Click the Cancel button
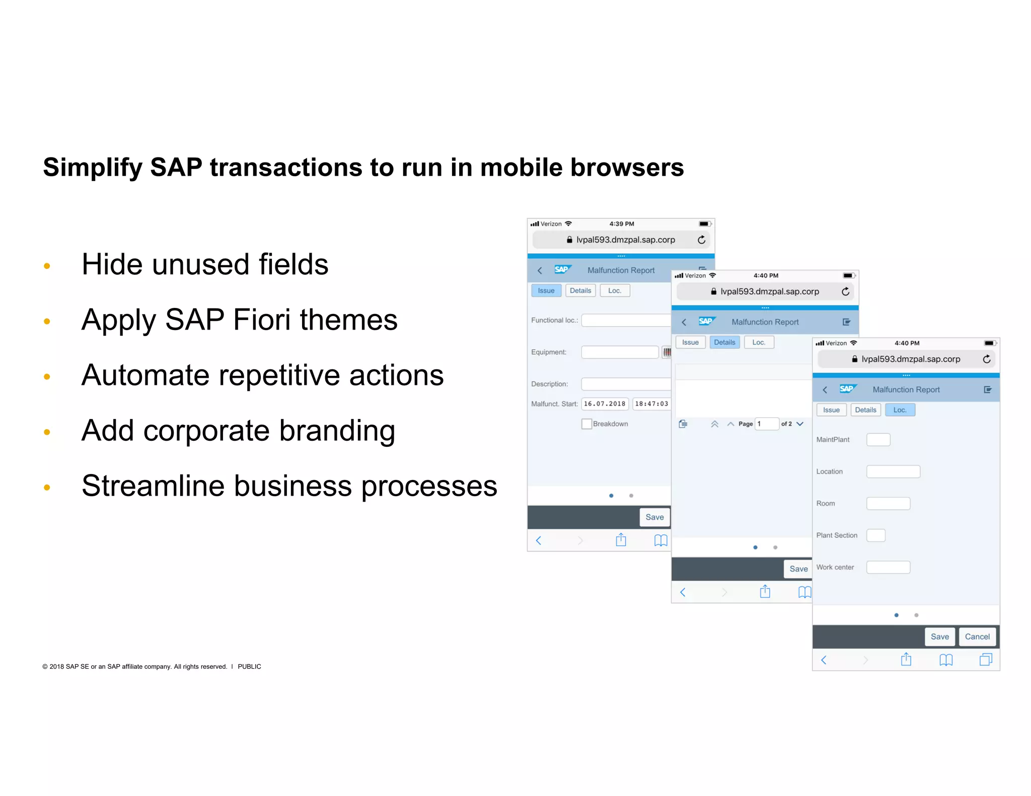point(977,636)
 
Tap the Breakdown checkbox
point(586,424)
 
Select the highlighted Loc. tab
point(900,410)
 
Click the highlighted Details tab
point(724,343)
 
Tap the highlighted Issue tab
point(546,291)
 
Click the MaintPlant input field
point(878,440)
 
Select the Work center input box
point(888,568)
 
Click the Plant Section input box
point(875,535)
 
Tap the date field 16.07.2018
point(604,404)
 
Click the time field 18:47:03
point(651,404)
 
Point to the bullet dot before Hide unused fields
point(47,266)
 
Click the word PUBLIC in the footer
point(249,667)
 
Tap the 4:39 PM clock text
point(621,224)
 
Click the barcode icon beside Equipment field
point(667,352)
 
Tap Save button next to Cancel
point(939,636)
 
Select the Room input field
point(888,504)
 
